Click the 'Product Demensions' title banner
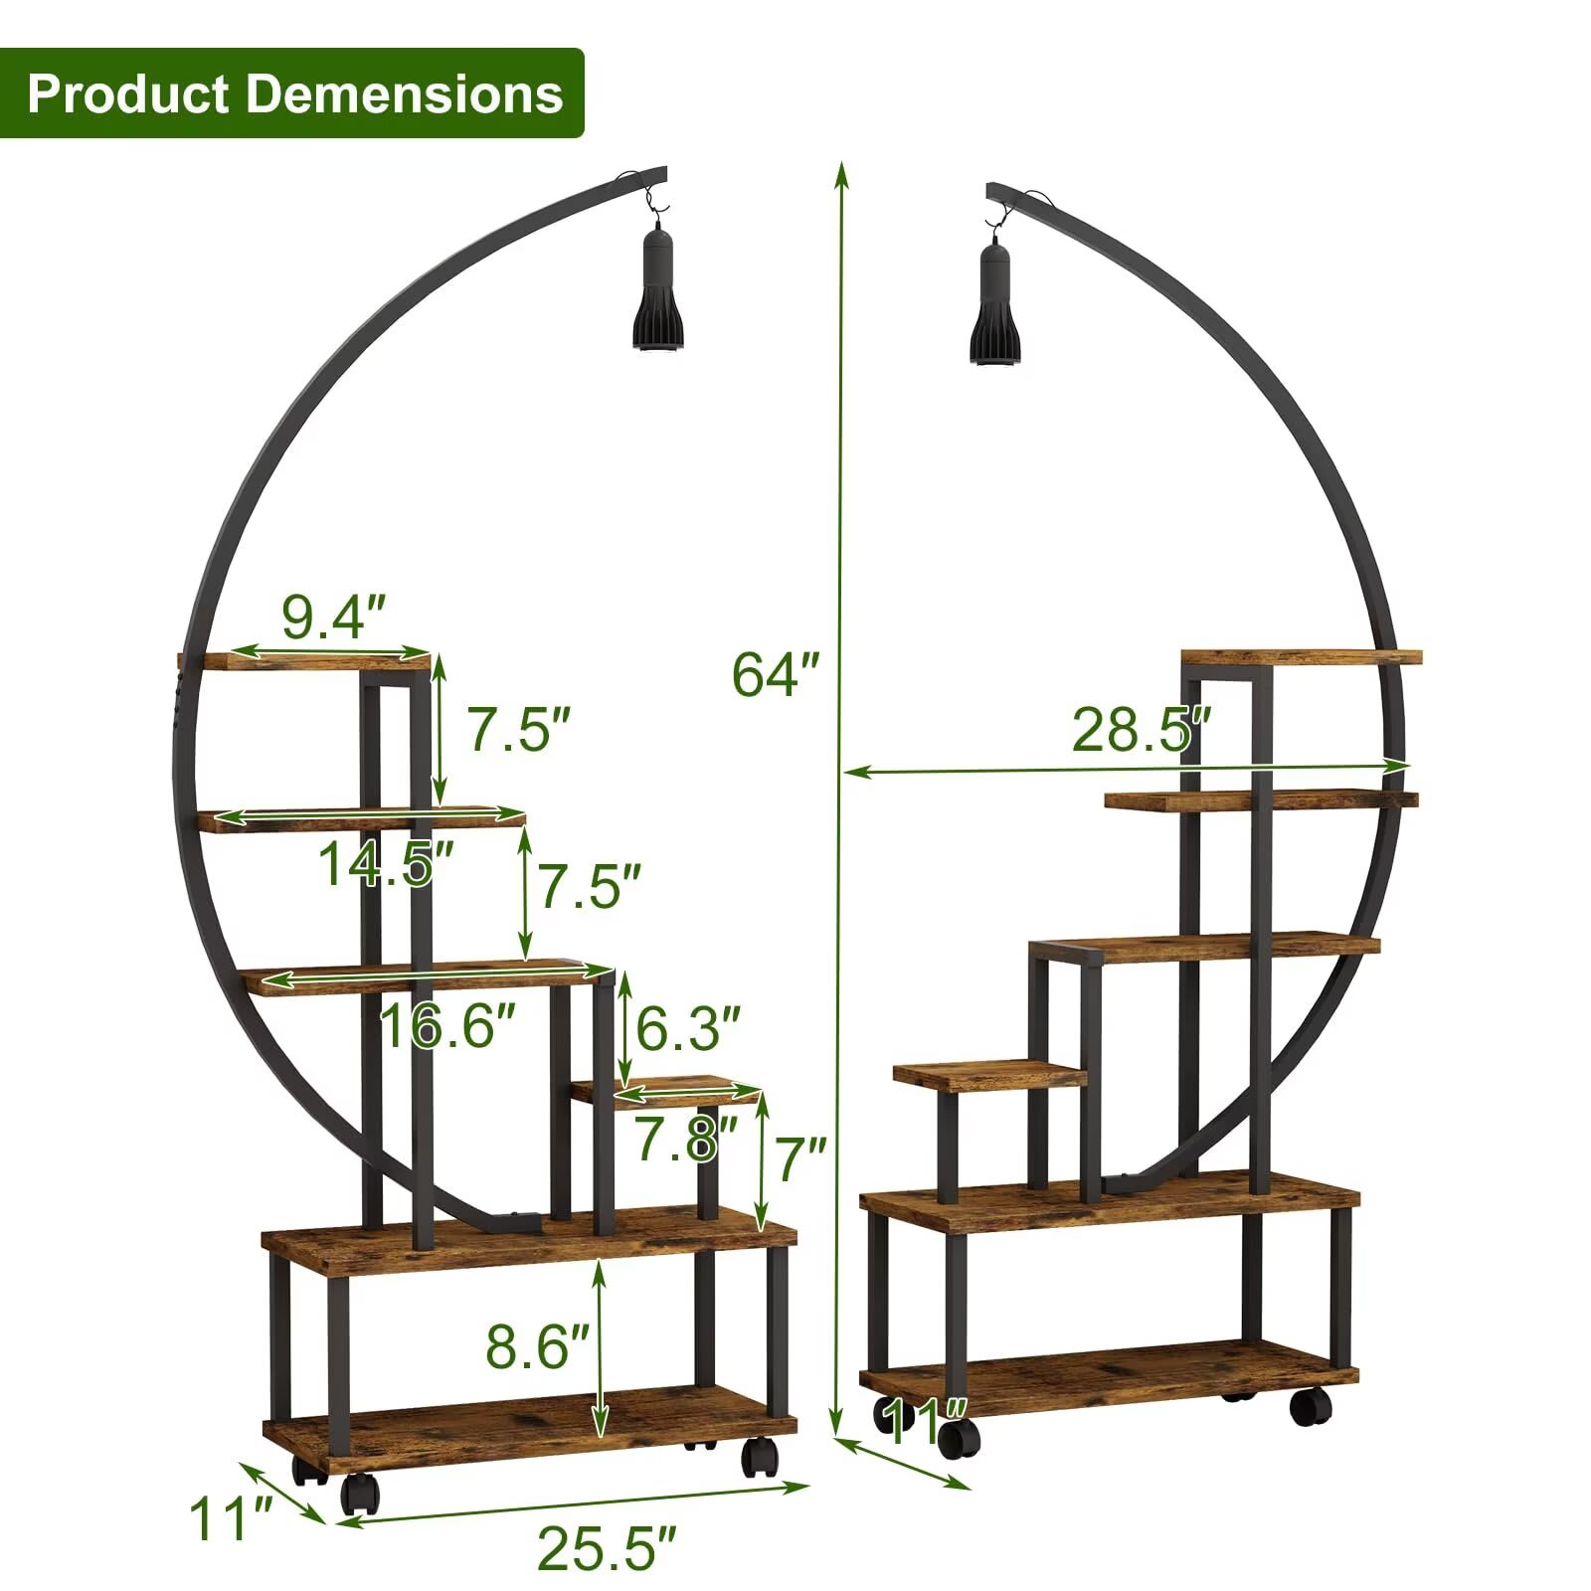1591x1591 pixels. [x=292, y=92]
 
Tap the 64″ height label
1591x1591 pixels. [x=776, y=674]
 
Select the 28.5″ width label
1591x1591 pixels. [x=1142, y=730]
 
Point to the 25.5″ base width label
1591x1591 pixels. [x=607, y=1547]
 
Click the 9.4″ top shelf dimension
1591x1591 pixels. [x=333, y=617]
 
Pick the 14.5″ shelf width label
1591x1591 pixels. [x=387, y=863]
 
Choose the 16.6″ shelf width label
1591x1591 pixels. [x=448, y=1025]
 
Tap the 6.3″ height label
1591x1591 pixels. [x=688, y=1028]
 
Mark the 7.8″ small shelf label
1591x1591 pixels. [x=686, y=1139]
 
